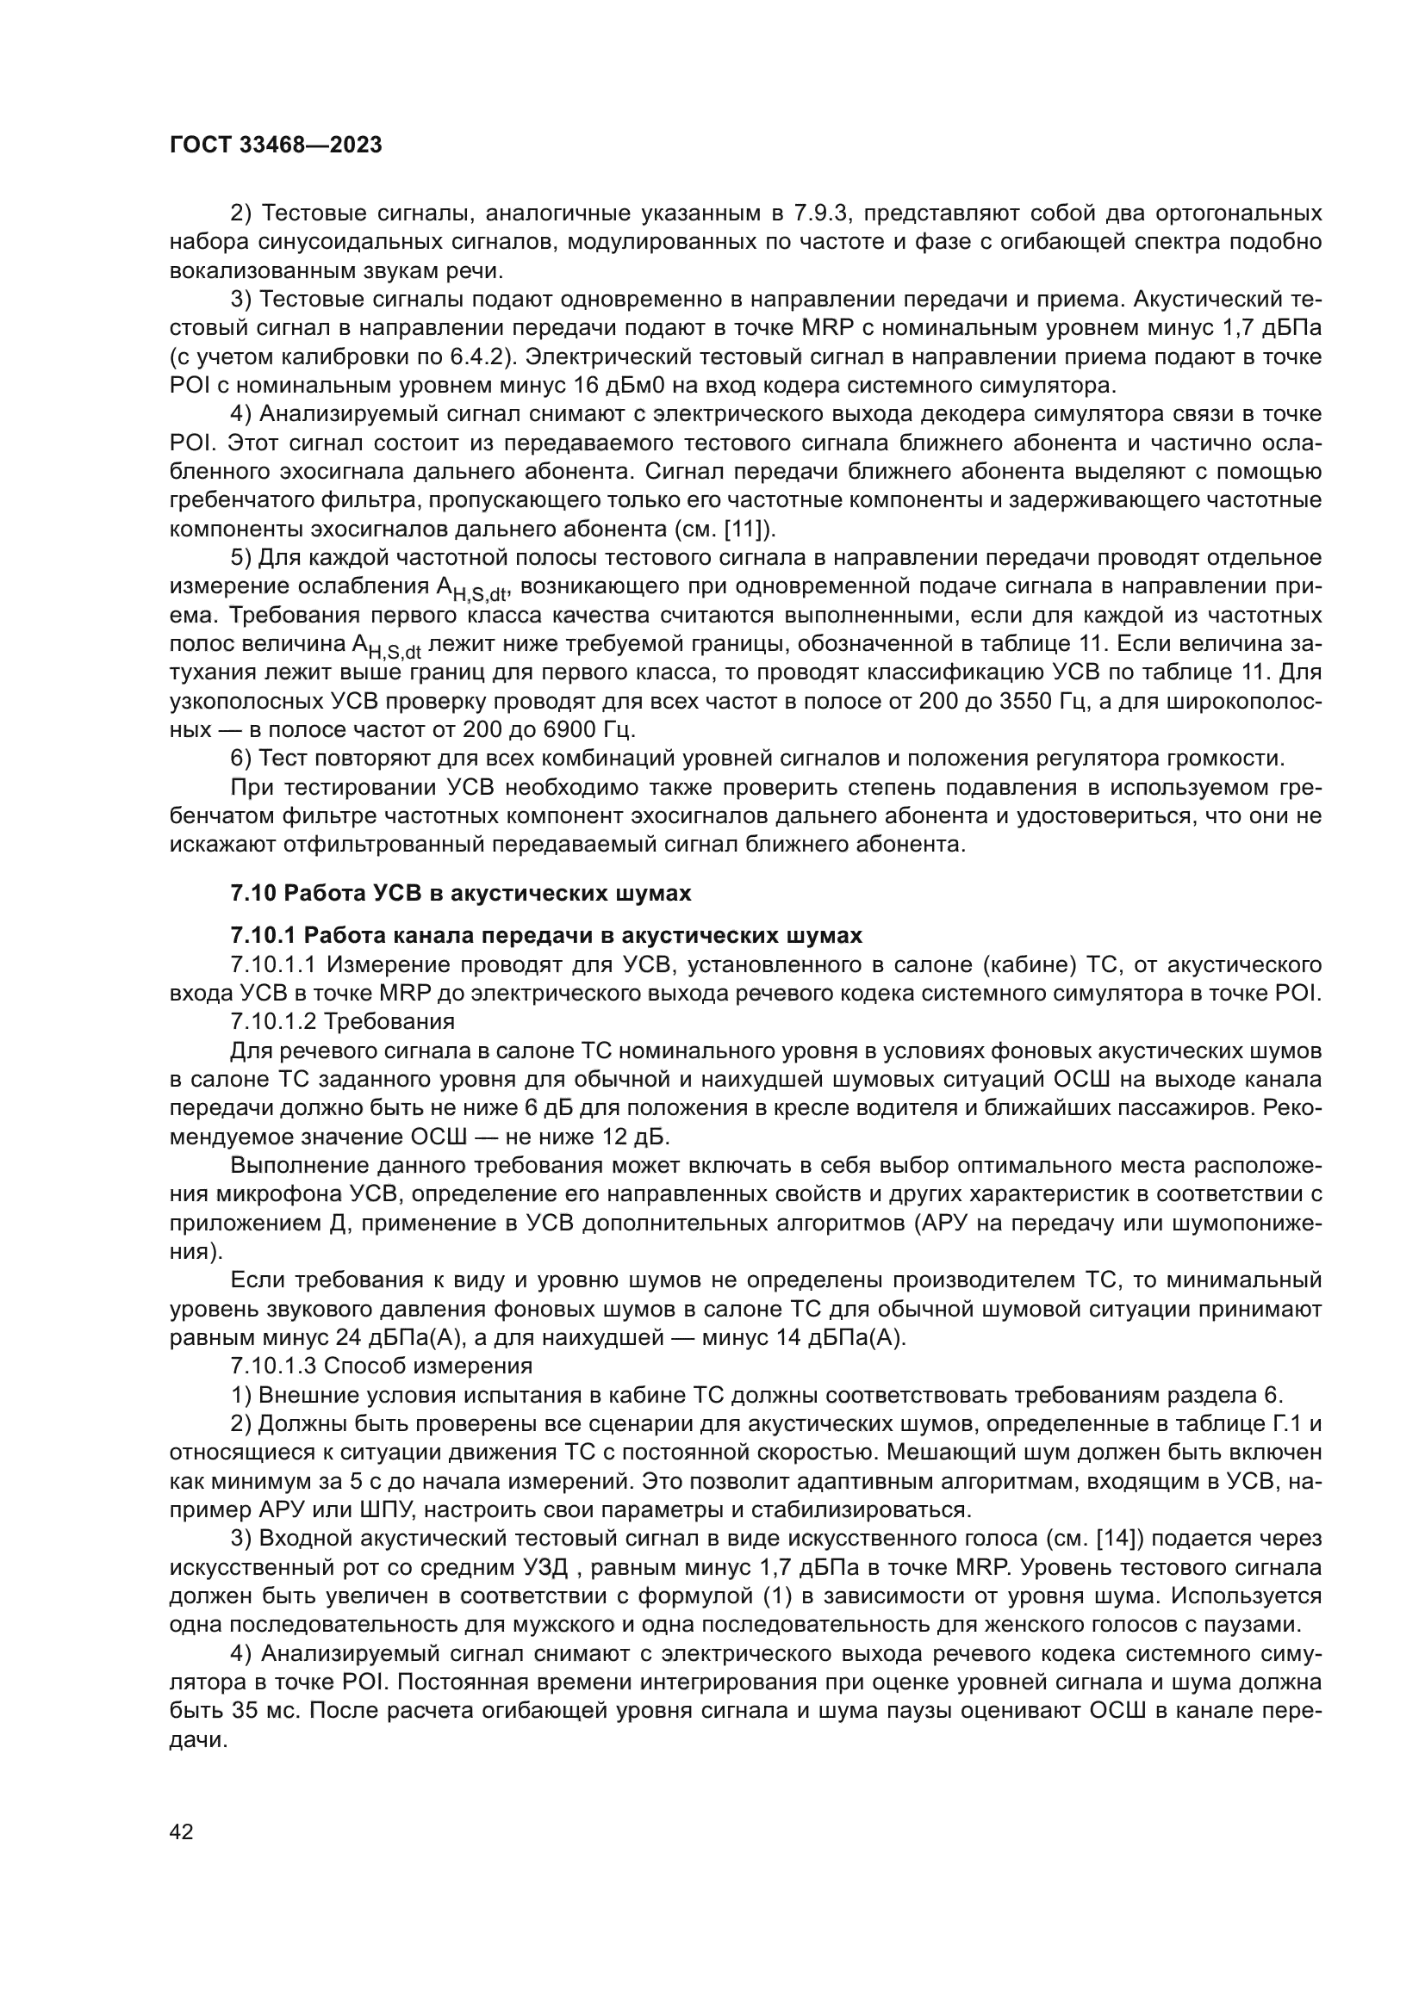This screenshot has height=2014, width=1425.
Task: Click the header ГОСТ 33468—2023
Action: point(276,145)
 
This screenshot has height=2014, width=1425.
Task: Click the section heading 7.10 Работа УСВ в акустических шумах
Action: point(461,893)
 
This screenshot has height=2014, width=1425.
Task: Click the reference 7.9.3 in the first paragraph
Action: point(818,214)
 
